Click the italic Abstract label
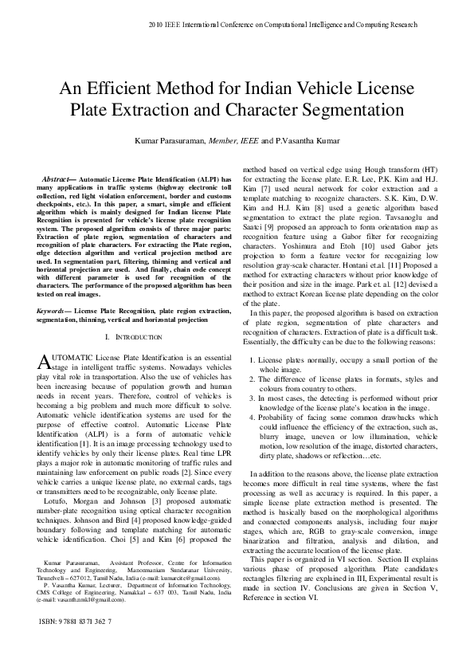(57, 179)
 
